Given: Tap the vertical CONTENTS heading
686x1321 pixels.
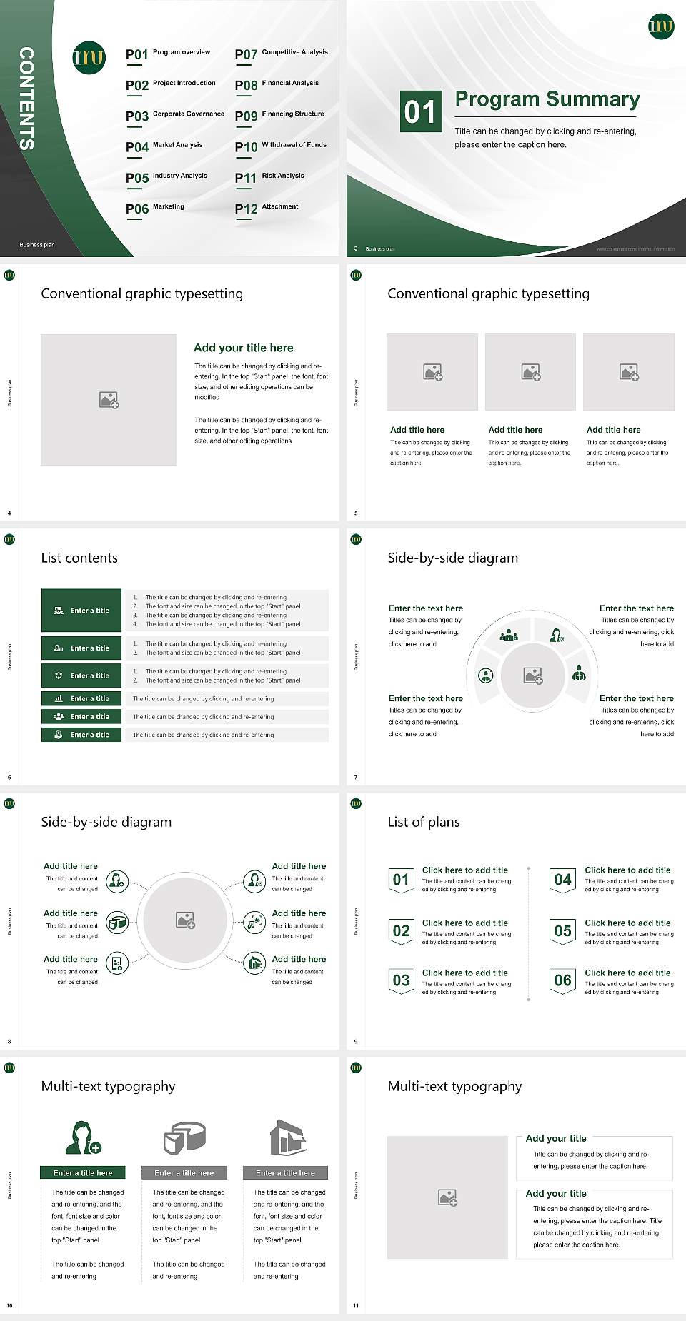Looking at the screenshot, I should pyautogui.click(x=26, y=98).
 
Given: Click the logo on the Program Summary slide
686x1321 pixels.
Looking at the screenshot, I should pyautogui.click(x=660, y=26).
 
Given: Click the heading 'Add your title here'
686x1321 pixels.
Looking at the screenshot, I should pyautogui.click(x=243, y=348).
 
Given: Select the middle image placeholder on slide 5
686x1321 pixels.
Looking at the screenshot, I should pyautogui.click(x=530, y=372).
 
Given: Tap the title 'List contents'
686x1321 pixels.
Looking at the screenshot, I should pyautogui.click(x=79, y=558).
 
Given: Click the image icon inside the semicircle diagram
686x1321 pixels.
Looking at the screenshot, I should pyautogui.click(x=533, y=675).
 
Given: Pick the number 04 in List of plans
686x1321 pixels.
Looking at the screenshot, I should pyautogui.click(x=562, y=880).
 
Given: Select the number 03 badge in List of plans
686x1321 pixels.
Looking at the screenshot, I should pyautogui.click(x=401, y=980).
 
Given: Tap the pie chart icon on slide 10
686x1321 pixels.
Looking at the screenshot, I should pyautogui.click(x=184, y=1137).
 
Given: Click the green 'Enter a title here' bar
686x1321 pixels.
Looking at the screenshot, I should pyautogui.click(x=82, y=1172).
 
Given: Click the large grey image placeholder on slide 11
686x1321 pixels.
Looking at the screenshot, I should pyautogui.click(x=447, y=1197).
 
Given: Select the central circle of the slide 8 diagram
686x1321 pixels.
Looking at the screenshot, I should pyautogui.click(x=185, y=920).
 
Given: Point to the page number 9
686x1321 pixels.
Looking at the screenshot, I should pyautogui.click(x=355, y=1042).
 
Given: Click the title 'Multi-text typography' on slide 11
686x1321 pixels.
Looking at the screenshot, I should pyautogui.click(x=454, y=1086).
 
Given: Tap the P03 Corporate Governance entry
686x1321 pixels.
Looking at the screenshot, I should pyautogui.click(x=175, y=115).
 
